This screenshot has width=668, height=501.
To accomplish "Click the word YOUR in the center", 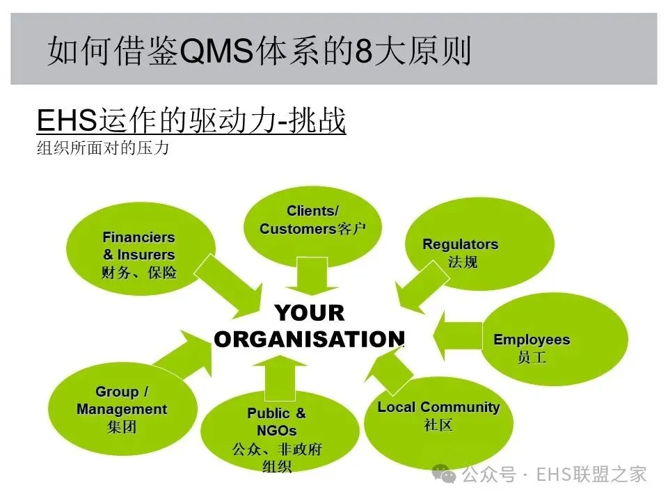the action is (309, 312).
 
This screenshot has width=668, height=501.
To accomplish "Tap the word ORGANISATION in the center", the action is (309, 339).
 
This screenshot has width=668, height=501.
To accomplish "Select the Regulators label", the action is (460, 244).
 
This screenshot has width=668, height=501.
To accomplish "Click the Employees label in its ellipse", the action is (531, 340).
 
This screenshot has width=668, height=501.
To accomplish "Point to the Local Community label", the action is (438, 407).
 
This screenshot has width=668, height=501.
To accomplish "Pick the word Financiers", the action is (138, 237).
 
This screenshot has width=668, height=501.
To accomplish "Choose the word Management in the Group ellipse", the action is (122, 409).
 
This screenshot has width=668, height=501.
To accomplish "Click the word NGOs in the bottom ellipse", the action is (276, 431).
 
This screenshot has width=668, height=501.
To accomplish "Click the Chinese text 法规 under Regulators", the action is (462, 263).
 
